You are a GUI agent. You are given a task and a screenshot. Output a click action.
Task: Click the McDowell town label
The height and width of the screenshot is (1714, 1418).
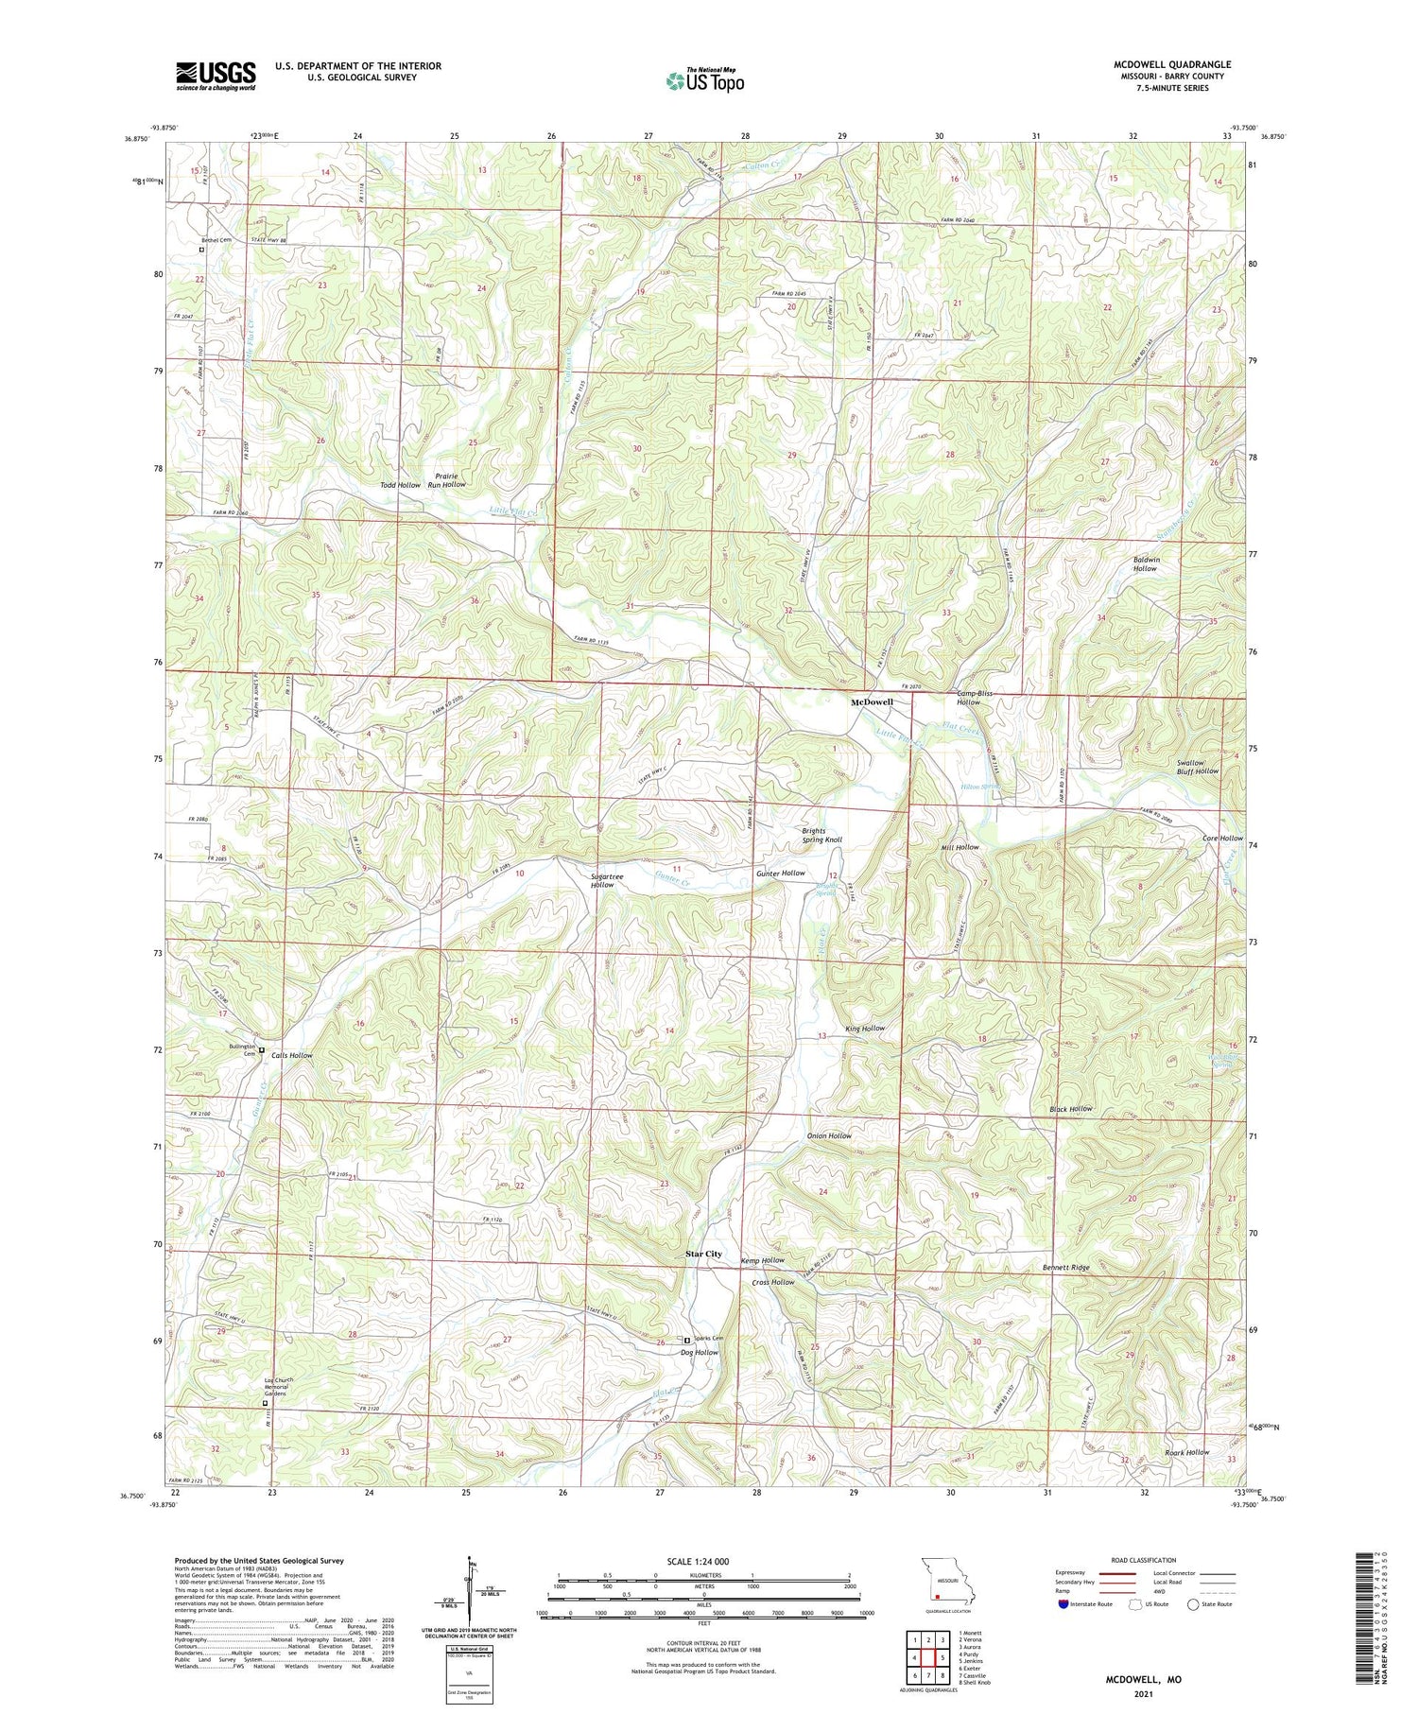point(872,703)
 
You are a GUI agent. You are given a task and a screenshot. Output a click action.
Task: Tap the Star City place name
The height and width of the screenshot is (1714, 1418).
point(703,1254)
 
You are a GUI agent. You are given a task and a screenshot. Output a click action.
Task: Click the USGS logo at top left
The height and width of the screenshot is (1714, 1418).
point(216,76)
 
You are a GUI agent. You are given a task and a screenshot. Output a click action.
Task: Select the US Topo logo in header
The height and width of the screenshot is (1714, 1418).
point(703,80)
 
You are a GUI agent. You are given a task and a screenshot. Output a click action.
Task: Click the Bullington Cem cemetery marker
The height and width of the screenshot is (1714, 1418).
point(262,1048)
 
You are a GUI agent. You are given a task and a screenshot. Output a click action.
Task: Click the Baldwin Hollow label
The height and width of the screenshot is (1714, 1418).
point(1145,564)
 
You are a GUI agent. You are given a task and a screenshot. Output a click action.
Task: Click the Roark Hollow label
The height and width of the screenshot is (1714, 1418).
point(1186,1452)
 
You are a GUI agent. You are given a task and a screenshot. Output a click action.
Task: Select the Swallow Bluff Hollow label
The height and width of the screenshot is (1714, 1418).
point(1198,767)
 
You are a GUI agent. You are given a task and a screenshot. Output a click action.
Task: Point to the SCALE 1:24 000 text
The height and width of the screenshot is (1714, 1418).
point(700,1562)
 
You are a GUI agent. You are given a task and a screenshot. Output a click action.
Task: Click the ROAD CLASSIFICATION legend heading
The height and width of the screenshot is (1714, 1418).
point(1144,1560)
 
